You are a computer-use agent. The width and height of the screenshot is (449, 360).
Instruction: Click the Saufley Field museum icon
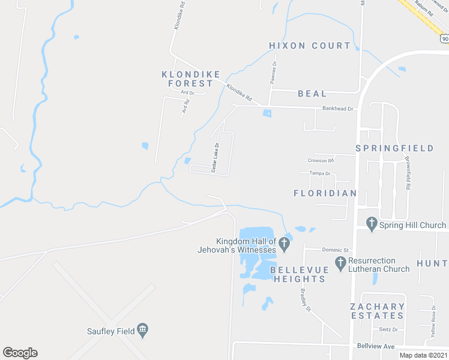click(x=143, y=329)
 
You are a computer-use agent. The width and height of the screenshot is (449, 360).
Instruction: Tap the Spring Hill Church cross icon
click(x=370, y=225)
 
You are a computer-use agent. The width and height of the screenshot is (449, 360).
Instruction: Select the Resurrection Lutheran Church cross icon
click(x=340, y=262)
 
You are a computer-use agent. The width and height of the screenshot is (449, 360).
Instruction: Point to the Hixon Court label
click(x=310, y=46)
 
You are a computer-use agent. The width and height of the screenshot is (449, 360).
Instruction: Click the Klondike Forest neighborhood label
click(x=187, y=79)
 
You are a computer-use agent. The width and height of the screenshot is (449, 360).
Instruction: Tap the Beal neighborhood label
click(x=313, y=94)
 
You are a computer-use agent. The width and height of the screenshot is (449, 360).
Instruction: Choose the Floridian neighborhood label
click(x=325, y=193)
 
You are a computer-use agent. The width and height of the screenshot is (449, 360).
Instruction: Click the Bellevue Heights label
click(x=298, y=274)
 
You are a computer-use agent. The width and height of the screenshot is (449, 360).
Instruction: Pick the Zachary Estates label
click(x=377, y=310)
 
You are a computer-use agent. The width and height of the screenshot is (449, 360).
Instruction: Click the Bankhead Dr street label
click(x=339, y=109)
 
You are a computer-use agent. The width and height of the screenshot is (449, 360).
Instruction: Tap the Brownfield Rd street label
click(x=407, y=174)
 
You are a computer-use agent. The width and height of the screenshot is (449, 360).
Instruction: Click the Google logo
click(x=20, y=353)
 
